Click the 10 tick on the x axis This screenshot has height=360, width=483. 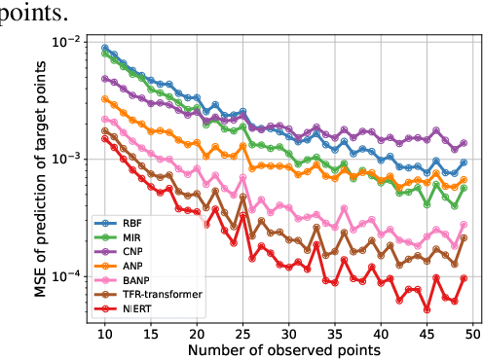pos(105,332)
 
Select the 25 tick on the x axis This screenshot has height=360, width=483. pos(243,332)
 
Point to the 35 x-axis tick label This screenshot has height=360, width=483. pos(335,332)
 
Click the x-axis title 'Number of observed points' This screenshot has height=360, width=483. pos(283,348)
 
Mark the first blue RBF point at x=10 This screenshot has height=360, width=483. pos(105,48)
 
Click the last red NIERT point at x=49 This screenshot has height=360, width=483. pos(464,278)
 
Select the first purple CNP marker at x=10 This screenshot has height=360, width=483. pos(105,79)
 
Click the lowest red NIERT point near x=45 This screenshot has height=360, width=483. pos(427,309)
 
